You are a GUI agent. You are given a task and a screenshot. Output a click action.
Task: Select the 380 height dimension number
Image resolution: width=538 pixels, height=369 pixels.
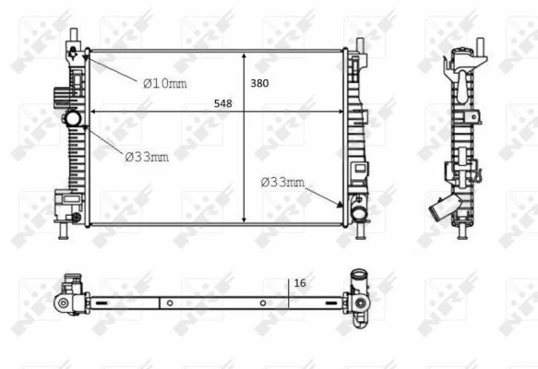coord(259,83)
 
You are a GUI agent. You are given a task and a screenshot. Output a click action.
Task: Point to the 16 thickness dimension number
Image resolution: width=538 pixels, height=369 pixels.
coord(300,284)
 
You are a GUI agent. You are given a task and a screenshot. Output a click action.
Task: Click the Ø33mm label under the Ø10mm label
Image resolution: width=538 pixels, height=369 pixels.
coord(147,156)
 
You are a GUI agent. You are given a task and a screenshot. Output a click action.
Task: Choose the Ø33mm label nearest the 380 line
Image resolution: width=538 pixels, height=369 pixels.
coord(282,182)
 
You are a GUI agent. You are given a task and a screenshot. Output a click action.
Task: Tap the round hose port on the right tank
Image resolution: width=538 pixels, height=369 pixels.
coord(358,213)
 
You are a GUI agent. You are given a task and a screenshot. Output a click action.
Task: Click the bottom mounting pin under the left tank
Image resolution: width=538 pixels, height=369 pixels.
coord(64,234)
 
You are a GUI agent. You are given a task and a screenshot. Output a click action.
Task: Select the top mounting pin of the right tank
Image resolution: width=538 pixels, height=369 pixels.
coord(358,42)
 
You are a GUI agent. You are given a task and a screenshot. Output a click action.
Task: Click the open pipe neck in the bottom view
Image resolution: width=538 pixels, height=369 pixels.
coord(357,276)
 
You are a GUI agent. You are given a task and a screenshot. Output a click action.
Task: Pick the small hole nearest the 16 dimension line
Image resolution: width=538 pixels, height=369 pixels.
coord(263,303)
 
